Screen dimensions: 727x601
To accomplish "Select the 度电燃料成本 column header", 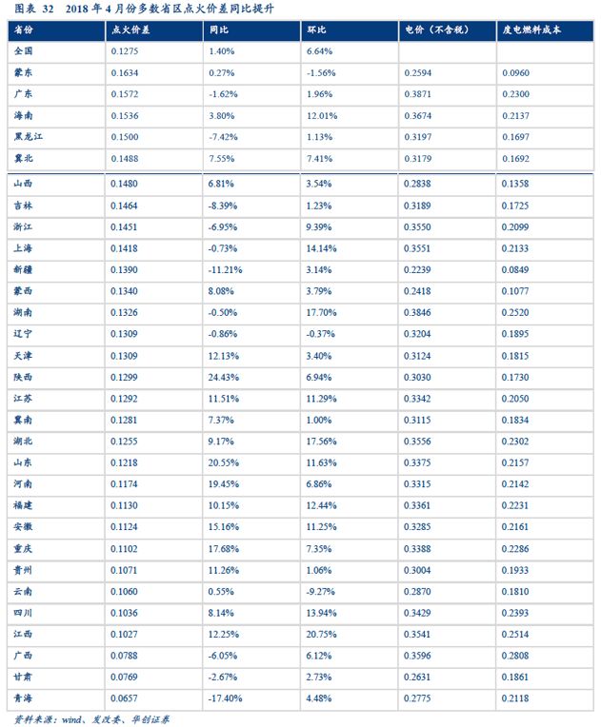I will [x=531, y=31].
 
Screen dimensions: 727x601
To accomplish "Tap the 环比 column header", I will [x=317, y=31].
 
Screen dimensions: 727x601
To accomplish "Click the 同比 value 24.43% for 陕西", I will [x=224, y=377].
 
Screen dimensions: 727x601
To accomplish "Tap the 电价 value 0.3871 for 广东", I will [x=418, y=94].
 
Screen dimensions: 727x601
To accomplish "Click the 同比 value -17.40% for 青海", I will [x=227, y=698].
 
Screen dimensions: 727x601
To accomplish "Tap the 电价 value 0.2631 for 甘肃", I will [x=418, y=677].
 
